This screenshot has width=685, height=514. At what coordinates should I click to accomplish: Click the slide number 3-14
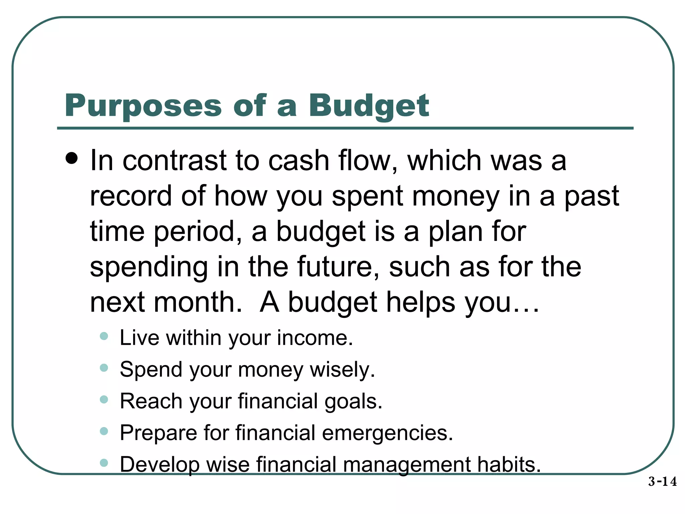tap(662, 482)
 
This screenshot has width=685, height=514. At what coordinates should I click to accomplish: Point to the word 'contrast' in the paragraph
tap(175, 161)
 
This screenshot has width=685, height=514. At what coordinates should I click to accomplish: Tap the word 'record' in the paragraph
tap(131, 196)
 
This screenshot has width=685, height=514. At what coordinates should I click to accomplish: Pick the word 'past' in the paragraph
tap(592, 197)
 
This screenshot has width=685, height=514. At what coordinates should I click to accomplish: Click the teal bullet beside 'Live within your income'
tap(104, 336)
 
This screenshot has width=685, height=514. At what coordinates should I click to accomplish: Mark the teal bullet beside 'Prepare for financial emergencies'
tap(104, 431)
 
